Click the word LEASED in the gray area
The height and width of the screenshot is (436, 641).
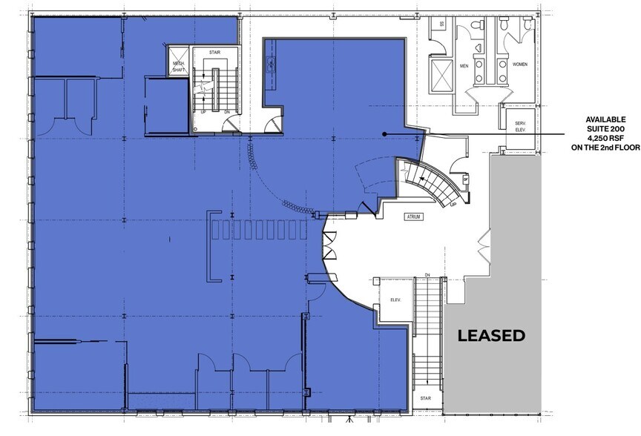(x=491, y=335)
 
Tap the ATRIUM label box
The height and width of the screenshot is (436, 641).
(x=413, y=217)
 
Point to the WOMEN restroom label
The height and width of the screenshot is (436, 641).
(x=519, y=64)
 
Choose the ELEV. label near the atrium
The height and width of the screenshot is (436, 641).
(x=395, y=301)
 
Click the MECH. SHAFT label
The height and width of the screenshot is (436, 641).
(x=178, y=67)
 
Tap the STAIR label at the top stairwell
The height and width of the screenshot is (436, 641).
(x=215, y=53)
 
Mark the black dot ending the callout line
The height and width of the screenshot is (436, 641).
(x=385, y=134)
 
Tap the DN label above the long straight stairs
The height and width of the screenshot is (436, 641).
(x=427, y=275)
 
